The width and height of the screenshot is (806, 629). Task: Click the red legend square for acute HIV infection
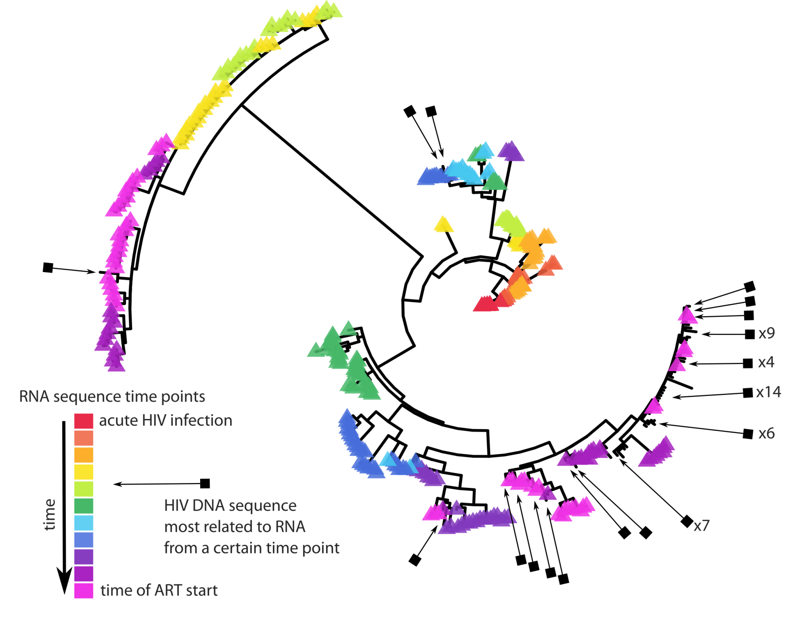(x=84, y=421)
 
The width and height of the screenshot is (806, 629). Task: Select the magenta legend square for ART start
(x=84, y=590)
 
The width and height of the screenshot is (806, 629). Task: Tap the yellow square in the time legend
(x=84, y=472)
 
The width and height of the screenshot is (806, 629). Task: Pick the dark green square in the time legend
(x=84, y=506)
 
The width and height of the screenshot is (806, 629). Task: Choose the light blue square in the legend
(x=84, y=523)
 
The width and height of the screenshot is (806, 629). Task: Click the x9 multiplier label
(x=766, y=333)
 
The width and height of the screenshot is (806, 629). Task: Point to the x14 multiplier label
(x=768, y=392)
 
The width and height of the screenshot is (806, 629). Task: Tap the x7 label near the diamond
(x=701, y=526)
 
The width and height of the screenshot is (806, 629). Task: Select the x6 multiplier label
(x=766, y=434)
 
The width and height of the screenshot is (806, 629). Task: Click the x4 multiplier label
(x=766, y=362)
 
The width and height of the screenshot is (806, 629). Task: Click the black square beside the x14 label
(x=748, y=393)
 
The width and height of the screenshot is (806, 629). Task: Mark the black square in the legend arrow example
(x=205, y=483)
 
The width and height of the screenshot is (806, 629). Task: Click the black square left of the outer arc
(x=48, y=267)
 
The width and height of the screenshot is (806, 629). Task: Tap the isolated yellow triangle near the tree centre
(x=443, y=225)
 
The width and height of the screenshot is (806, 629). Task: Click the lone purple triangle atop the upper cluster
(x=510, y=151)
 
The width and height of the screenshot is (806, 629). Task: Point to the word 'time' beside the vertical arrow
(x=49, y=514)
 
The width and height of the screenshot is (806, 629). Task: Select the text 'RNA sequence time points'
(x=112, y=396)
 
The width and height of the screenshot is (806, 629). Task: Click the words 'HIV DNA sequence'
(x=230, y=506)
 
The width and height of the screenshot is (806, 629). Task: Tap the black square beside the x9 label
(x=750, y=334)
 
